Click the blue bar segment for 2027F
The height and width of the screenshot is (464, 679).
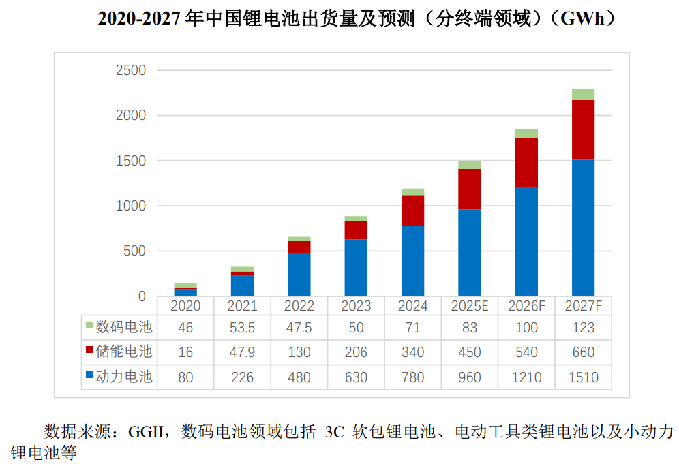583,228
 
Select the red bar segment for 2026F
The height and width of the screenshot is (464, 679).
526,162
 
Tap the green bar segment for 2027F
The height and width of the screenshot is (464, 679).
583,95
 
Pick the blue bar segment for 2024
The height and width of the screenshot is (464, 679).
412,260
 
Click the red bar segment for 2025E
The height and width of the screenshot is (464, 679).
469,189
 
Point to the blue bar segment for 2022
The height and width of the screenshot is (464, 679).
299,274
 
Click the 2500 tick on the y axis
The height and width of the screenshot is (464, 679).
131,70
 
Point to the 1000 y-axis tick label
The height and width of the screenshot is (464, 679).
131,206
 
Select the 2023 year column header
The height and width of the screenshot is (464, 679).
355,306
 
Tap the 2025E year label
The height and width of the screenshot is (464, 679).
469,306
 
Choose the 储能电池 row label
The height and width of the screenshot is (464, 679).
123,352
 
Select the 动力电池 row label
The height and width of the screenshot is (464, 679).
123,377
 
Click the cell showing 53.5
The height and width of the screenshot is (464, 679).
242,328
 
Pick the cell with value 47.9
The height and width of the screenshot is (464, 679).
242,352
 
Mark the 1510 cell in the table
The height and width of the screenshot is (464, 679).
583,377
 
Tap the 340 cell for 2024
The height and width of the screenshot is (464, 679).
412,352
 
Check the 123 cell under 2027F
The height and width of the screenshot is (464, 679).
583,328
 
